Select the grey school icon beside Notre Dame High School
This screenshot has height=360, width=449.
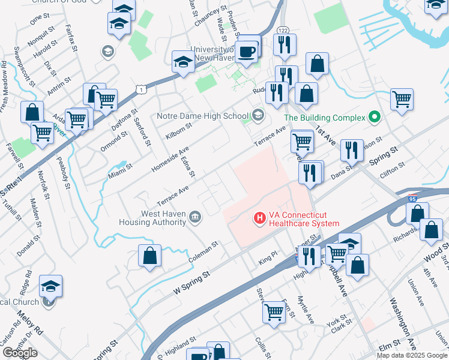pos(258,115)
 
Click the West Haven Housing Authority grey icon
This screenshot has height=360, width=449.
pos(195,217)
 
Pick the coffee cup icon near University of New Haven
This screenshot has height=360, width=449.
pos(246,52)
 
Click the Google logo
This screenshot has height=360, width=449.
pos(20,352)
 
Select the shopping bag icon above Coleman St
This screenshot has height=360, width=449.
pos(149,256)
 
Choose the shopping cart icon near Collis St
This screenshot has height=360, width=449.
pos(274,311)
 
